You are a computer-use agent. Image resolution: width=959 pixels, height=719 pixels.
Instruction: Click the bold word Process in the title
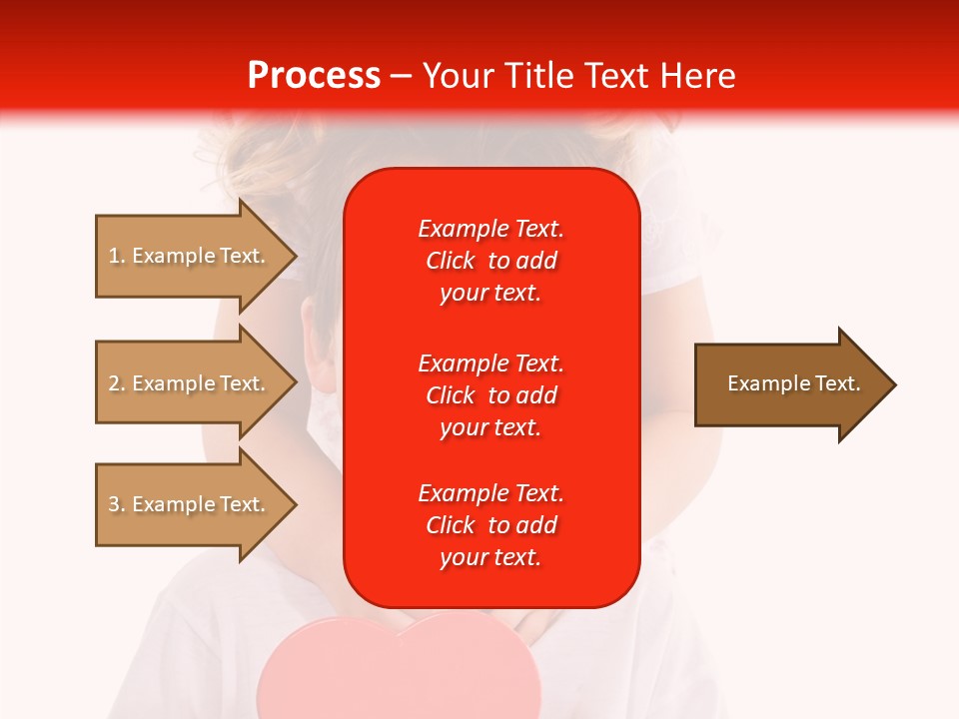(314, 76)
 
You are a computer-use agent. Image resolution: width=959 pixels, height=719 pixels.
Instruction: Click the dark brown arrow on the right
(789, 384)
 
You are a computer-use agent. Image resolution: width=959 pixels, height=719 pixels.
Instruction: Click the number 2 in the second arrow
(113, 383)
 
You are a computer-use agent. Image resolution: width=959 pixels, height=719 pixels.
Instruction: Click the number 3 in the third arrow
(113, 504)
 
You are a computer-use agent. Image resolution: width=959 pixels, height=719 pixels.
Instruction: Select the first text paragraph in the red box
(490, 261)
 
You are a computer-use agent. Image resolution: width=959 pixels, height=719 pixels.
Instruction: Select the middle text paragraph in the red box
(490, 395)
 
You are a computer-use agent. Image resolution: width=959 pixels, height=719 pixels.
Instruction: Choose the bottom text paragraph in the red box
(490, 525)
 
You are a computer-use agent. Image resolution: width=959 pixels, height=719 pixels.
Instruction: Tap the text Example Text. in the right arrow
(793, 383)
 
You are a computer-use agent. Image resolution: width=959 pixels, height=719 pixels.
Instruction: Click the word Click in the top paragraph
(451, 261)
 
